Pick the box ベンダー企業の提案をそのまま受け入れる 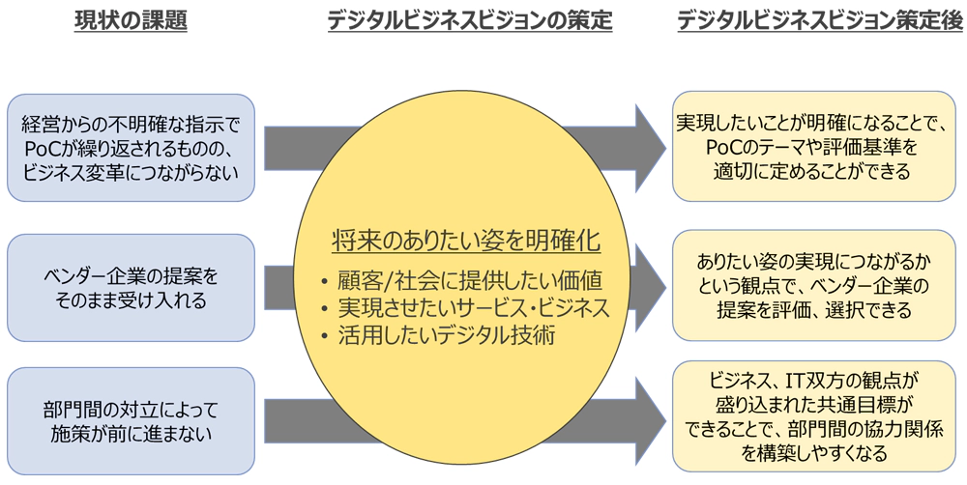click(x=131, y=287)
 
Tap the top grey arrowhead click(x=646, y=142)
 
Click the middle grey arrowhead click(x=646, y=287)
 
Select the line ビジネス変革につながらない click(x=131, y=171)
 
